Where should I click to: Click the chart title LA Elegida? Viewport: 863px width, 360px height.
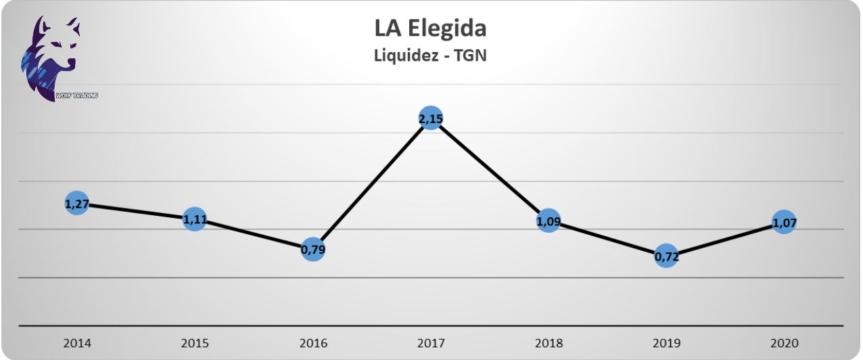point(430,29)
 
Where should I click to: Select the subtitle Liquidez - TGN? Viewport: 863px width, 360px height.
point(430,56)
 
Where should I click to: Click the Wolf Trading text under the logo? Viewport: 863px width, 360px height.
point(76,96)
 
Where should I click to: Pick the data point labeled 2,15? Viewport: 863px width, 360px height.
point(431,119)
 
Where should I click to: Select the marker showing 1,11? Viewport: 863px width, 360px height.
point(195,219)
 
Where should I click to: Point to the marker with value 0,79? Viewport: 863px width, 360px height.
point(312,250)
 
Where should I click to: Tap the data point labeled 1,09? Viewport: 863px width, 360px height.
point(549,221)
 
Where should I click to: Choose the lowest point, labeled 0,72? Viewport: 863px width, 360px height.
point(666,256)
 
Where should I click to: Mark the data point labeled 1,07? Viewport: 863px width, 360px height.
point(784,222)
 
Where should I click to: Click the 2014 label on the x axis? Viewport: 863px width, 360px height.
point(76,342)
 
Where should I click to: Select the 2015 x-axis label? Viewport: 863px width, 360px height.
point(195,342)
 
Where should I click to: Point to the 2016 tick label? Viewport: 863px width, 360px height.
point(312,342)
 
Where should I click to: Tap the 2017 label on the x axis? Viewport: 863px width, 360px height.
point(431,342)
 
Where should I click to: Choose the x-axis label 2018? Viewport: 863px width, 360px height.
point(549,342)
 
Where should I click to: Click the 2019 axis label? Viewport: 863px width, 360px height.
point(666,342)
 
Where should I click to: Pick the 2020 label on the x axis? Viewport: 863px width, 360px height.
point(784,342)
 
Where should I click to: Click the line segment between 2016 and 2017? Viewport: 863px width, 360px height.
point(372,184)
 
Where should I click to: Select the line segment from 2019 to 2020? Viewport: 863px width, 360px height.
point(725,239)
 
